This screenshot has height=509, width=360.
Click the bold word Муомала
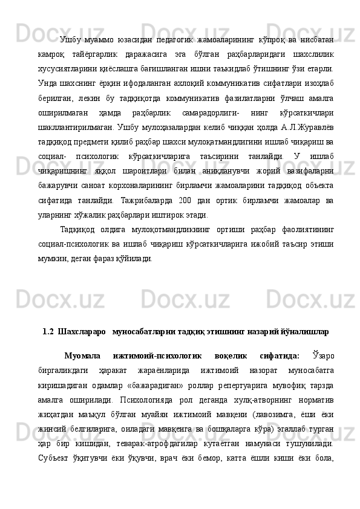coord(83,355)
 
